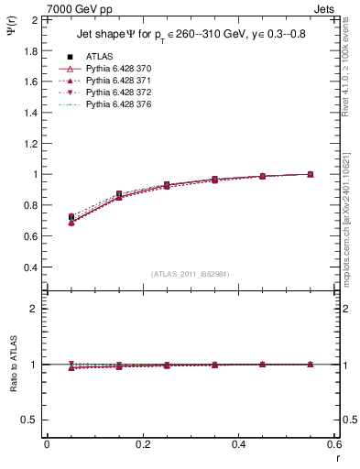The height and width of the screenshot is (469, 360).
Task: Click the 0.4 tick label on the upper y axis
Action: click(x=30, y=267)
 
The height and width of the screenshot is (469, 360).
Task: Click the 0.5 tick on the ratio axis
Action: click(x=30, y=419)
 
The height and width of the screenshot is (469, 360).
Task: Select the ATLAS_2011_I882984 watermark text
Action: click(x=190, y=274)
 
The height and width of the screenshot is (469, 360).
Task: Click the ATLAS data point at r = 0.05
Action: click(x=71, y=217)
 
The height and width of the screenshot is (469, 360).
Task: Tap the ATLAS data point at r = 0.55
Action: click(x=311, y=174)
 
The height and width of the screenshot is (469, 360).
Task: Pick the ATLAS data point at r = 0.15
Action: click(x=119, y=194)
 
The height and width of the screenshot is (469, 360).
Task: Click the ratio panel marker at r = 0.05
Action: click(x=71, y=365)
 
